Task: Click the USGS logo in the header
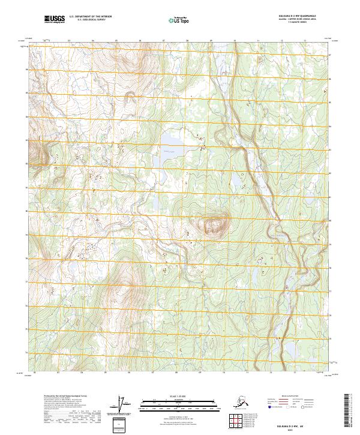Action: pyautogui.click(x=55, y=20)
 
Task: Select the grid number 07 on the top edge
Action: pyautogui.click(x=163, y=41)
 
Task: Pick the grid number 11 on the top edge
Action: pyautogui.click(x=257, y=41)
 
